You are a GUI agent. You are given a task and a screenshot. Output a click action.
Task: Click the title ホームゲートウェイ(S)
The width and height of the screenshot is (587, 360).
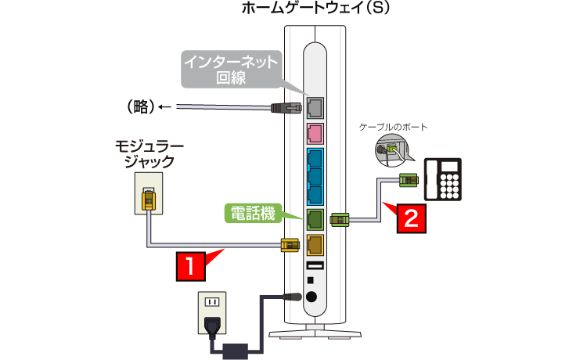pyautogui.click(x=315, y=9)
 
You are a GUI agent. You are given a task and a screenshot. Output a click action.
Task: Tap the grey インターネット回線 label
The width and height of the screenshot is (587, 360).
pyautogui.click(x=230, y=69)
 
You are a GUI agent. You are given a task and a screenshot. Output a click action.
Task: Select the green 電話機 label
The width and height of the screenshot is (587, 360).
pyautogui.click(x=254, y=212)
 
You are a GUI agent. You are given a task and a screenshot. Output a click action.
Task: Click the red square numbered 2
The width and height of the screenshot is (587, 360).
pyautogui.click(x=414, y=216)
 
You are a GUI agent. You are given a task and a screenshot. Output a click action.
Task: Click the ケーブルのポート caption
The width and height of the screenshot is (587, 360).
pyautogui.click(x=393, y=126)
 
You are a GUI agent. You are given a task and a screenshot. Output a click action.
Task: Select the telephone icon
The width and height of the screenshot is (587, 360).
pyautogui.click(x=443, y=181)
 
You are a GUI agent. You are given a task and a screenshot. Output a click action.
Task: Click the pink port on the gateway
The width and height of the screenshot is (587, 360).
pyautogui.click(x=315, y=135)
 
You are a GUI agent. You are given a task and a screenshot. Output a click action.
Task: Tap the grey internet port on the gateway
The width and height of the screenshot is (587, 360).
pyautogui.click(x=315, y=108)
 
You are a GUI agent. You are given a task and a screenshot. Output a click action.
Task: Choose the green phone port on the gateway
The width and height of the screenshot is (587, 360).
pyautogui.click(x=315, y=218)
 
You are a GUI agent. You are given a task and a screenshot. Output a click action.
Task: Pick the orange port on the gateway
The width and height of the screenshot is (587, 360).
pyautogui.click(x=315, y=244)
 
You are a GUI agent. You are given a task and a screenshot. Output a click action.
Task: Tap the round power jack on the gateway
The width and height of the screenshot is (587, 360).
pyautogui.click(x=315, y=297)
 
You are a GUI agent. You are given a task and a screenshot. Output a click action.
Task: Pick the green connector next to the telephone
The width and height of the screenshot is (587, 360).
pyautogui.click(x=408, y=180)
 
